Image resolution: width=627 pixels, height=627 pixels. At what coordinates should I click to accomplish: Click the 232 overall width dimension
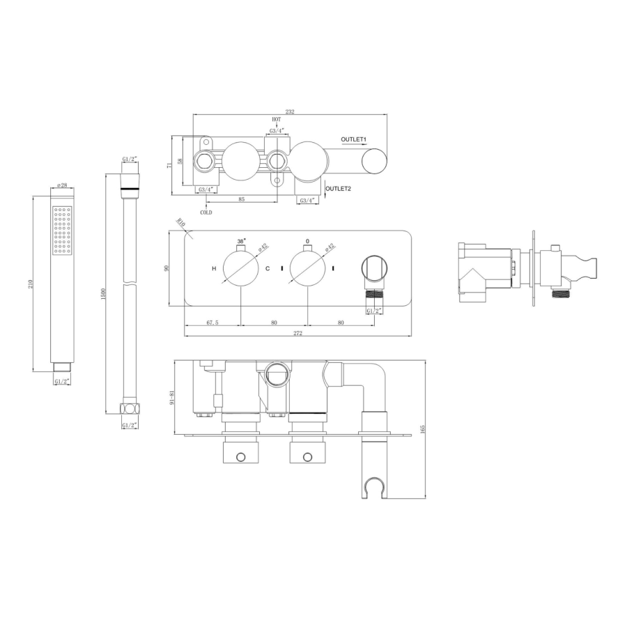(x=290, y=111)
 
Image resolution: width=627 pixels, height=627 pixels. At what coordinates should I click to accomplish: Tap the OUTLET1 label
(x=353, y=139)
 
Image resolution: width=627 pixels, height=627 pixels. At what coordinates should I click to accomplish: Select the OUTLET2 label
(x=339, y=189)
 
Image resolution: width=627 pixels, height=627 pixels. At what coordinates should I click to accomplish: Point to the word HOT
(x=277, y=119)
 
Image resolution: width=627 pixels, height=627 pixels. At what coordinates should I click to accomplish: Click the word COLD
(x=206, y=212)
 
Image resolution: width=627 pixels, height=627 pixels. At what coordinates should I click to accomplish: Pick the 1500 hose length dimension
(x=104, y=294)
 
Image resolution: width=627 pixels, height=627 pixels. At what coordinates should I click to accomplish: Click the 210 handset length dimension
(x=30, y=284)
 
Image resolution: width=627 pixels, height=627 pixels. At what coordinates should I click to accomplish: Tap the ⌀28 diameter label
(x=62, y=185)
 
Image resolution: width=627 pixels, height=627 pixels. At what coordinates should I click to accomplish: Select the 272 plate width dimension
(x=298, y=333)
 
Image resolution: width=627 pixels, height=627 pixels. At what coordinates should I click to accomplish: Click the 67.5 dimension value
(x=212, y=323)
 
